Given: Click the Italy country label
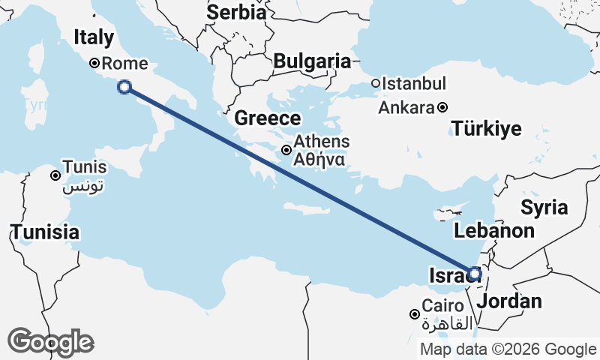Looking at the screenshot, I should pyautogui.click(x=94, y=37).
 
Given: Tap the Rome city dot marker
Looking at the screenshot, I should pyautogui.click(x=94, y=64).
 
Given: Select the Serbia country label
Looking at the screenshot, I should pyautogui.click(x=236, y=12).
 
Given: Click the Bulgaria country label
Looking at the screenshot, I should pyautogui.click(x=312, y=61).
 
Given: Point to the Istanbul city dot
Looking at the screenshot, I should pyautogui.click(x=376, y=83).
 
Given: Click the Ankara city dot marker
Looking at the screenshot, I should pyautogui.click(x=442, y=107).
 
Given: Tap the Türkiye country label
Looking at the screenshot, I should pyautogui.click(x=487, y=129).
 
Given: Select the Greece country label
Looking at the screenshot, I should pyautogui.click(x=268, y=118).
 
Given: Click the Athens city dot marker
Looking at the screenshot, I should pyautogui.click(x=286, y=150).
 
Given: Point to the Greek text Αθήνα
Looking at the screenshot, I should pyautogui.click(x=319, y=159).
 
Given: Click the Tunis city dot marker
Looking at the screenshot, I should pyautogui.click(x=55, y=175).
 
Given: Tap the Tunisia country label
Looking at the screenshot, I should pyautogui.click(x=45, y=232).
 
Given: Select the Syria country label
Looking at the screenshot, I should pyautogui.click(x=544, y=207).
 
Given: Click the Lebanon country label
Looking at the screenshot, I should pyautogui.click(x=494, y=231).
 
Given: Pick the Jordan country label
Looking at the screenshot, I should pyautogui.click(x=509, y=301).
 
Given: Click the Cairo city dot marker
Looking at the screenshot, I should pyautogui.click(x=414, y=313).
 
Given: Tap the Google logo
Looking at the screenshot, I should pyautogui.click(x=50, y=342).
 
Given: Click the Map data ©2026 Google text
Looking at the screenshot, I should pyautogui.click(x=508, y=349).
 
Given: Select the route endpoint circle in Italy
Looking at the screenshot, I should pyautogui.click(x=124, y=87).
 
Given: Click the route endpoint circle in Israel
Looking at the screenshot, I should pyautogui.click(x=474, y=274).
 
